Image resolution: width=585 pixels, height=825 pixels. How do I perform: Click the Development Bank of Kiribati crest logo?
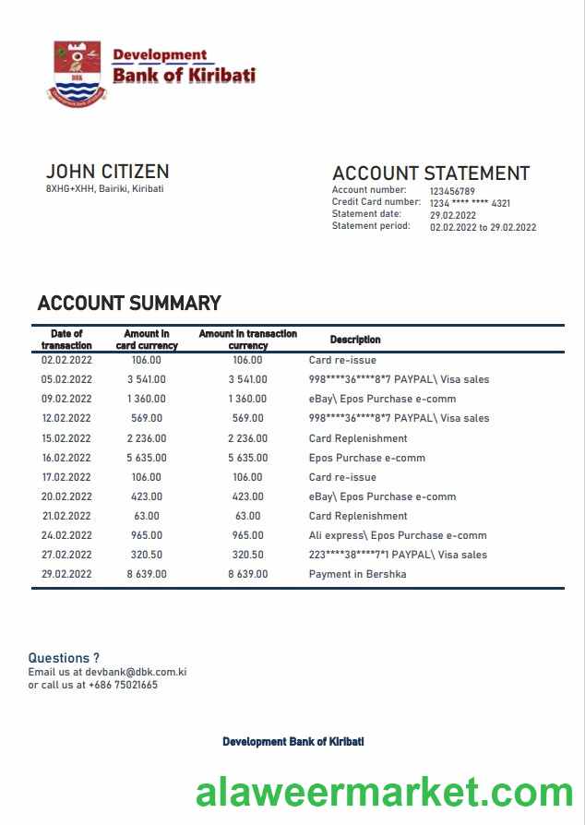tap(77, 71)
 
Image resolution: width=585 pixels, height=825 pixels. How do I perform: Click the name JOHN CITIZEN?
tap(107, 172)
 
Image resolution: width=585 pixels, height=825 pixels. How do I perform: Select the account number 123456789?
tap(452, 191)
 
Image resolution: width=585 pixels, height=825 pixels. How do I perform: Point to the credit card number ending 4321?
tap(470, 203)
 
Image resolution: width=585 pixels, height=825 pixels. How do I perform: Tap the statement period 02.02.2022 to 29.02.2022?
tap(483, 227)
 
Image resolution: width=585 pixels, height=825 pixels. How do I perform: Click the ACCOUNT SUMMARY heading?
tap(129, 304)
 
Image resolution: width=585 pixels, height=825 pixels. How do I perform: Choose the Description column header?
tap(355, 340)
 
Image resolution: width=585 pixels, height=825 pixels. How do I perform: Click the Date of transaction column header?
tap(66, 340)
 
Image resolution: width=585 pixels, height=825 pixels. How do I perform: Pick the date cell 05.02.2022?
tap(66, 379)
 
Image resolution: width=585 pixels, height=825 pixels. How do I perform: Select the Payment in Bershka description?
tap(357, 574)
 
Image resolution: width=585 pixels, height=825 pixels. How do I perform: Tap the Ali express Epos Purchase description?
tap(397, 535)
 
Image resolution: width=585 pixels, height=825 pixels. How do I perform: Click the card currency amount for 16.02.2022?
tap(147, 458)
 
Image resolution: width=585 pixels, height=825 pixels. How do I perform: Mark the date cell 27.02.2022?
tap(66, 555)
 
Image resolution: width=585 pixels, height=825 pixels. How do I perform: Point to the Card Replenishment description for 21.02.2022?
tap(357, 516)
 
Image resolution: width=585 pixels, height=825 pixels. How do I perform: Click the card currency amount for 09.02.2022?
tap(147, 399)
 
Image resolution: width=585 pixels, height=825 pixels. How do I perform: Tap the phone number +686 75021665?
tap(125, 685)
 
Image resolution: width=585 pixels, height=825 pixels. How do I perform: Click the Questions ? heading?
tap(64, 658)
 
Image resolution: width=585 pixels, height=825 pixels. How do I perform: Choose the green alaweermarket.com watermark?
tap(384, 793)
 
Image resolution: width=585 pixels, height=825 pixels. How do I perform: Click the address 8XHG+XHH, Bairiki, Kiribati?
tap(104, 189)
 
